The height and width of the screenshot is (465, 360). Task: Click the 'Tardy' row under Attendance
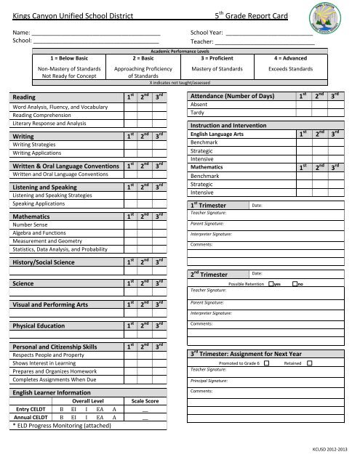(197, 113)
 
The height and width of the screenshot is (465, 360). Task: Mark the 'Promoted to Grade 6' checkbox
(267, 362)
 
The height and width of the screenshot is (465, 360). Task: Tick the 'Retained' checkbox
(308, 362)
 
